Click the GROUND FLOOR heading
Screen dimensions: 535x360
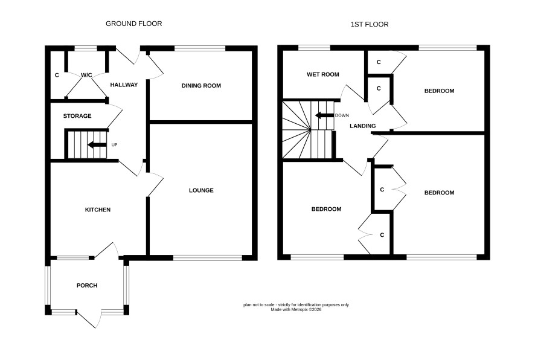pos(134,24)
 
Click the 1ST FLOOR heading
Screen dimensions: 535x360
pos(370,24)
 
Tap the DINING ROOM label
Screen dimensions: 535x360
pos(201,86)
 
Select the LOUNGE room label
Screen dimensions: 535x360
pos(201,190)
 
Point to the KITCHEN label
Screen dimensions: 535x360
pos(98,210)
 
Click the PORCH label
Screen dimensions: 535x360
pos(87,285)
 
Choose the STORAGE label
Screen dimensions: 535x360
pos(77,116)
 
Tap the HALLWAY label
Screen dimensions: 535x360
pos(124,85)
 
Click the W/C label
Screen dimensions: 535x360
pos(86,75)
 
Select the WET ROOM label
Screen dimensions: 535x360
pos(323,74)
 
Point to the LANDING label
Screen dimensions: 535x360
pos(363,126)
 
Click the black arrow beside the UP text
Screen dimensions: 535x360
pos(97,145)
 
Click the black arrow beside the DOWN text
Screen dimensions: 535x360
pos(324,115)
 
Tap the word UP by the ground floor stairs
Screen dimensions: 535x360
pos(114,145)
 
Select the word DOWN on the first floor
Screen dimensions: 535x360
pos(342,115)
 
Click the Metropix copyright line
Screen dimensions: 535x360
pos(296,310)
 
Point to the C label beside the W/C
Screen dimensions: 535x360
pos(57,75)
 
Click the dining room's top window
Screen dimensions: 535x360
pos(200,48)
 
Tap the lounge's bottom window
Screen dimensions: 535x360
pos(208,258)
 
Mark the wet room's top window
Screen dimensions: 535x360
pos(314,48)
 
